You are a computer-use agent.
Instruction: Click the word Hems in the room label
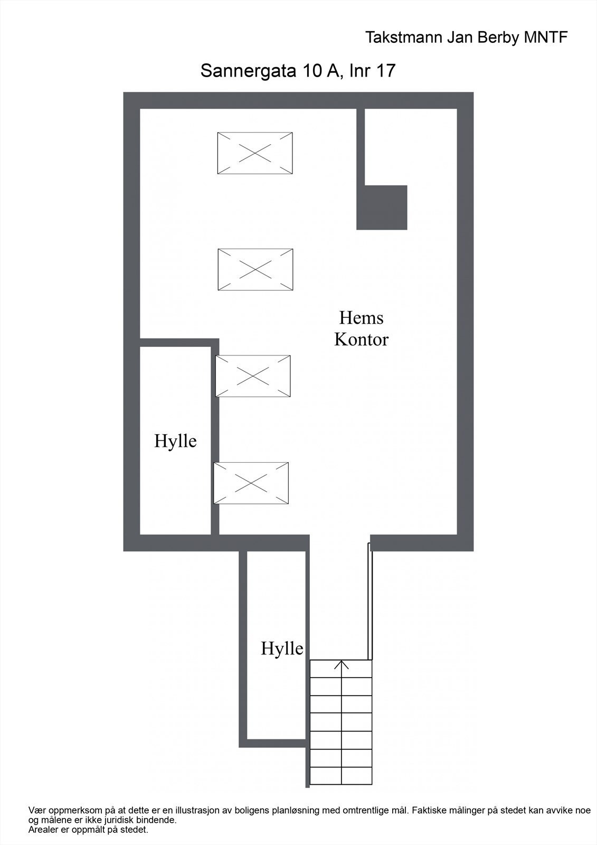(361, 318)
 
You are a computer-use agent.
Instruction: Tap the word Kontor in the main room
(361, 340)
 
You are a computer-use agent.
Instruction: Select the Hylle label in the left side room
(175, 441)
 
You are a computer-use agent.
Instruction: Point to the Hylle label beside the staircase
(282, 649)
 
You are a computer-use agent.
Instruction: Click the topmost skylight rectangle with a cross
(255, 153)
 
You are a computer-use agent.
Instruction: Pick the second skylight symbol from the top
(255, 270)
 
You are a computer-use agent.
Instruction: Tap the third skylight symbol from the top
(253, 376)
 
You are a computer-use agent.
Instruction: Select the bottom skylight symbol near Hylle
(251, 483)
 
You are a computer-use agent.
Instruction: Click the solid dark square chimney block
(382, 208)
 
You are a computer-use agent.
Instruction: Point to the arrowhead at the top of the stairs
(342, 663)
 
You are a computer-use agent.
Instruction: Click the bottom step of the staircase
(341, 775)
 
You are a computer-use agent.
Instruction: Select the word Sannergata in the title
(248, 71)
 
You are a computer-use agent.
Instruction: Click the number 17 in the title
(385, 71)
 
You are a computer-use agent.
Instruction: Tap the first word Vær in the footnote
(35, 810)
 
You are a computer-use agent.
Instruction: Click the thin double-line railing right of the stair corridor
(370, 602)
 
